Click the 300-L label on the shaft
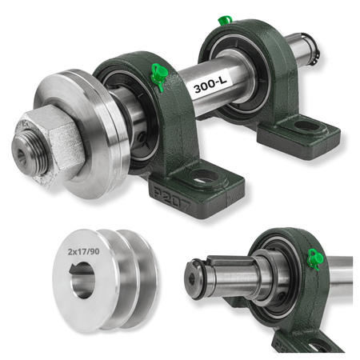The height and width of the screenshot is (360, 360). pyautogui.click(x=210, y=86)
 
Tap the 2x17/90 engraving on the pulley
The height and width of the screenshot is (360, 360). pyautogui.click(x=83, y=251)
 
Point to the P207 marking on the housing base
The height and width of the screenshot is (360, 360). pyautogui.click(x=172, y=198)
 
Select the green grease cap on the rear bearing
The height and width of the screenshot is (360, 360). pyautogui.click(x=225, y=21)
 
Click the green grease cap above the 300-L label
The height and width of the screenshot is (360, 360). pyautogui.click(x=159, y=74)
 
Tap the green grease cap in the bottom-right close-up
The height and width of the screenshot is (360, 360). pyautogui.click(x=315, y=258)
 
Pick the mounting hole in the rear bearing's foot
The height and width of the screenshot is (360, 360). pyautogui.click(x=307, y=126)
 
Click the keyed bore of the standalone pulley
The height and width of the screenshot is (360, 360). pyautogui.click(x=82, y=280)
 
